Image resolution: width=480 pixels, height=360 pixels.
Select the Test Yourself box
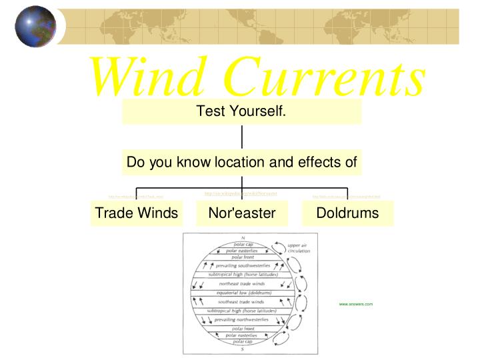point(241,111)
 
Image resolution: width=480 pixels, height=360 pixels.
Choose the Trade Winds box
point(137,213)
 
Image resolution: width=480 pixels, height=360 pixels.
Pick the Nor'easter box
point(242,213)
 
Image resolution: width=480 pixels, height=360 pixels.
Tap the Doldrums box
point(347,213)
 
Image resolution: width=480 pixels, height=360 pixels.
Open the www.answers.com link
point(355,304)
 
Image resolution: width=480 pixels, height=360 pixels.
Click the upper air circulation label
point(299,248)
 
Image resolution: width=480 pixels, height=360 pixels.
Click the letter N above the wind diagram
point(243,238)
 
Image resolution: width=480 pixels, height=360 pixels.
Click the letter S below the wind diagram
point(243,349)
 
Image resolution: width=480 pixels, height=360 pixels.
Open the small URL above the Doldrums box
point(346,197)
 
